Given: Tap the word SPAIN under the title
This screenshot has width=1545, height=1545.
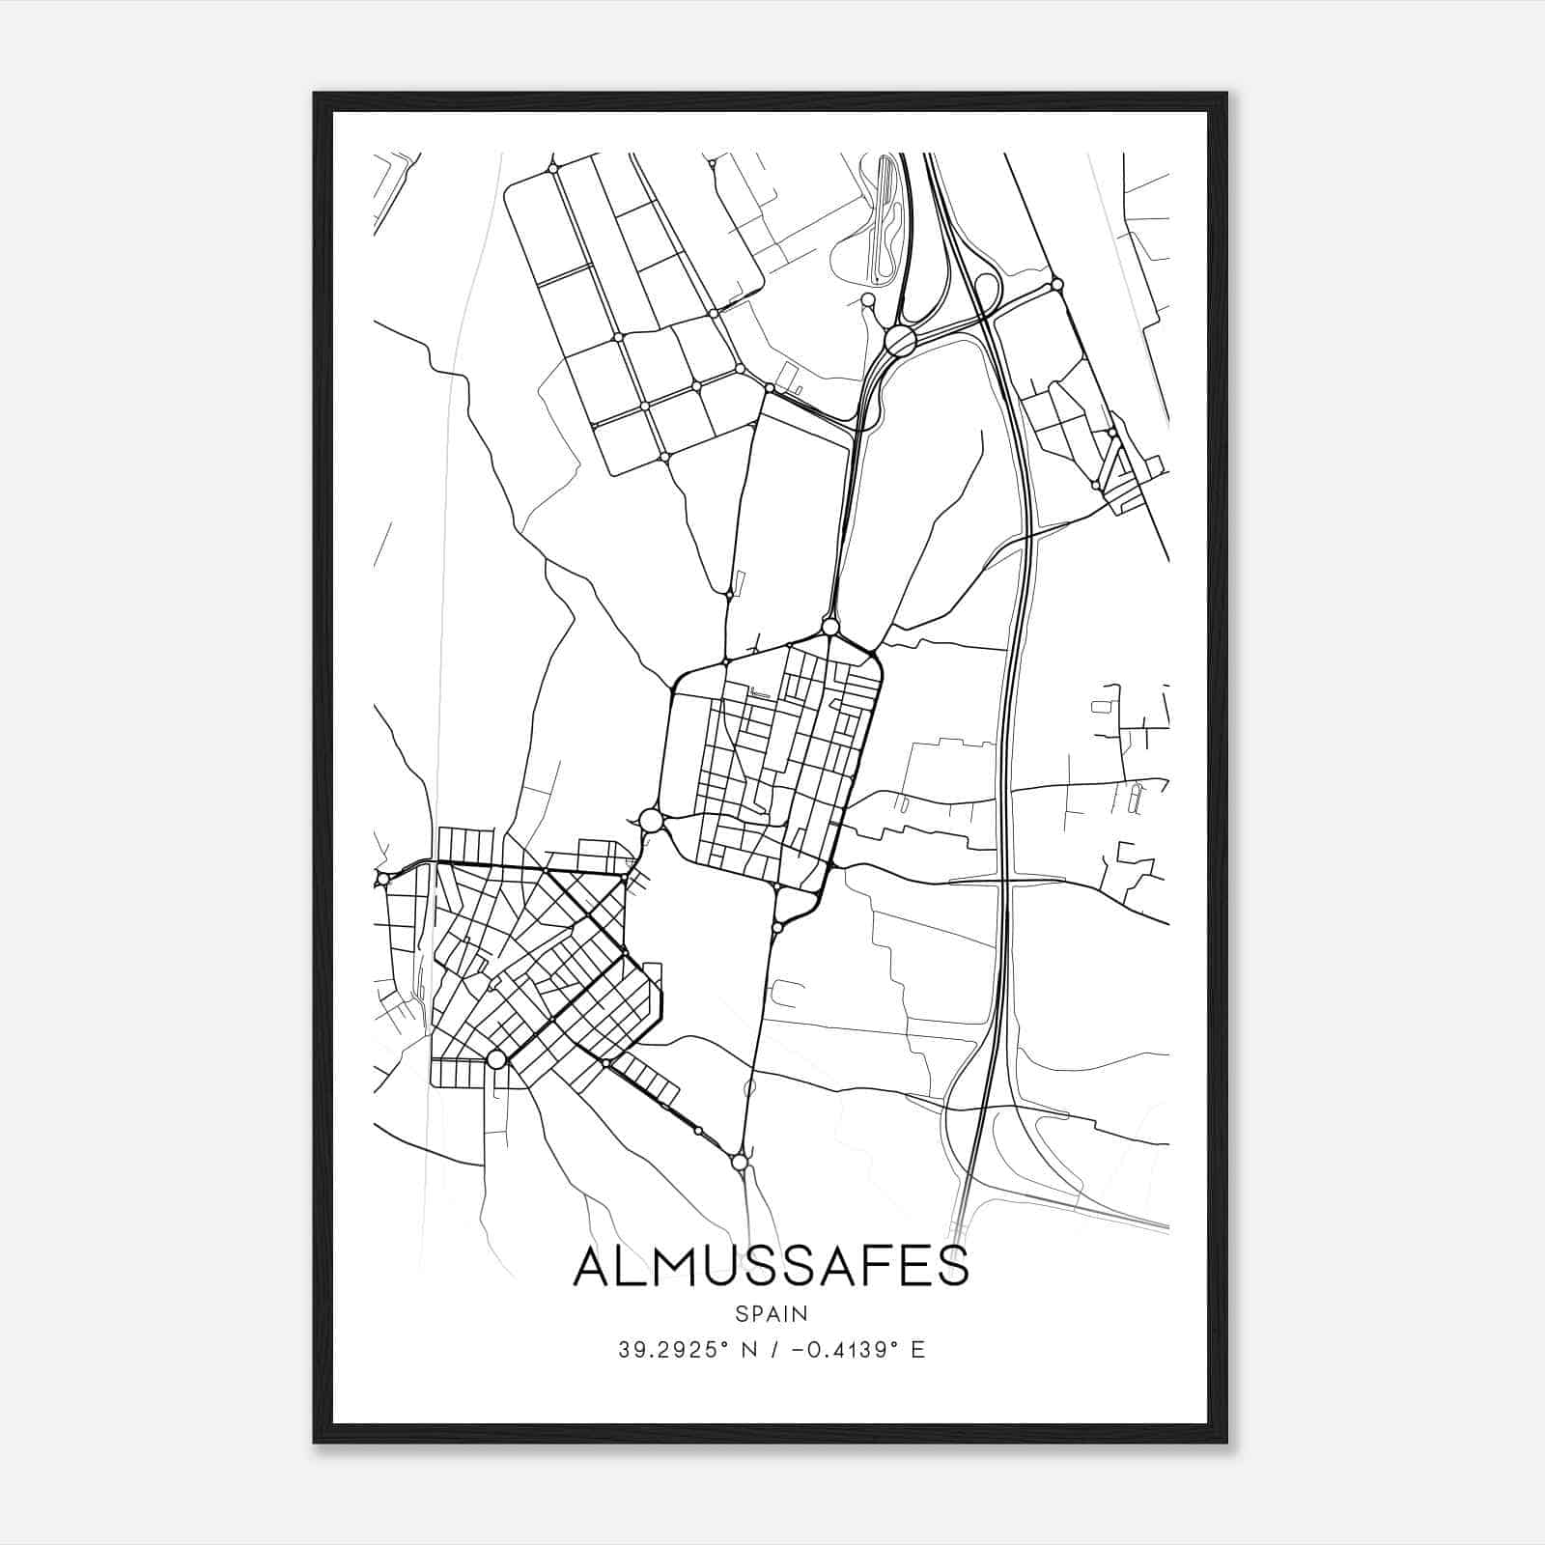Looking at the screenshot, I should click(x=771, y=1313).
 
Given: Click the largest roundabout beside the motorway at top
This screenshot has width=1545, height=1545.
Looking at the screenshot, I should click(x=900, y=340).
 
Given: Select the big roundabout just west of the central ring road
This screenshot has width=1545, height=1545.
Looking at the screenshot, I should click(x=651, y=821).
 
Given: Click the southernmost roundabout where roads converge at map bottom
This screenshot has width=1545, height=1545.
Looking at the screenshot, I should click(x=740, y=1163).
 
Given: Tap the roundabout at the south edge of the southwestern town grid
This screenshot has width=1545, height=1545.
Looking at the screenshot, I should click(x=496, y=1059).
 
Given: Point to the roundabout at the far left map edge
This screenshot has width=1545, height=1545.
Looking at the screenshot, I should click(x=383, y=879).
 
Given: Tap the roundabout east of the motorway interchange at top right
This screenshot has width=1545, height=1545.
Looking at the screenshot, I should click(x=1057, y=285).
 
